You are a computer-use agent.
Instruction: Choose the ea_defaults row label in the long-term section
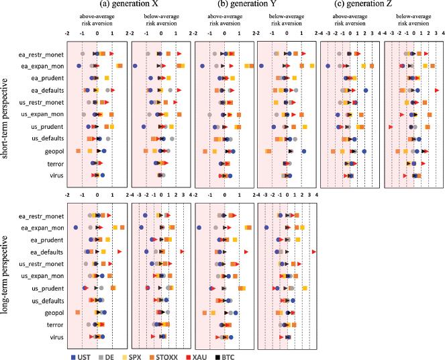click(x=46, y=251)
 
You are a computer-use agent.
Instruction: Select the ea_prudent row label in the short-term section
click(x=46, y=78)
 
